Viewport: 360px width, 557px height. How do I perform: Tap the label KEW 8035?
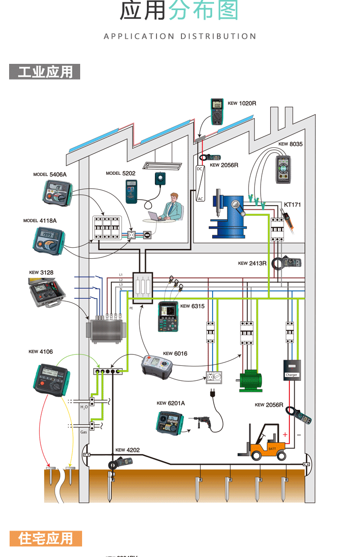[290, 144]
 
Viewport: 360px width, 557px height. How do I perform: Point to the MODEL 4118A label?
[40, 220]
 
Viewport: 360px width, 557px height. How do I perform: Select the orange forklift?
[265, 443]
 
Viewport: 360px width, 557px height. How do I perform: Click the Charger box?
[292, 370]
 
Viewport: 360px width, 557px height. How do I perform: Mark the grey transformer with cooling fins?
[105, 330]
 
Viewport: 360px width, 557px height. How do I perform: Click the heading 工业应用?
[45, 72]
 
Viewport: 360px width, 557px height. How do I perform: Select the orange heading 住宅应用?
[46, 538]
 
